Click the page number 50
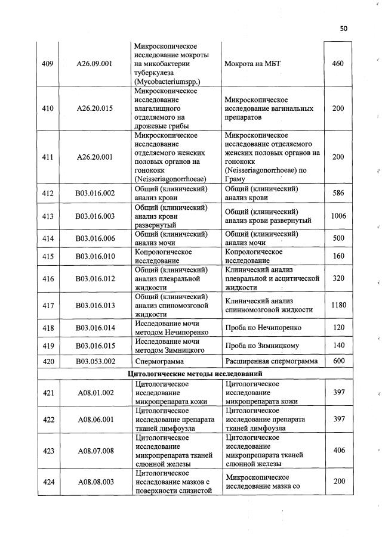point(343,28)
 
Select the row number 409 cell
point(48,64)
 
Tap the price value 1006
point(338,216)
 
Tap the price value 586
point(338,193)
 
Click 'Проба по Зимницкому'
point(261,346)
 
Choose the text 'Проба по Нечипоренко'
point(263,328)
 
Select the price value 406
point(338,451)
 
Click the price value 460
point(338,64)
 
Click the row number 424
point(48,482)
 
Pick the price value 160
point(338,256)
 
